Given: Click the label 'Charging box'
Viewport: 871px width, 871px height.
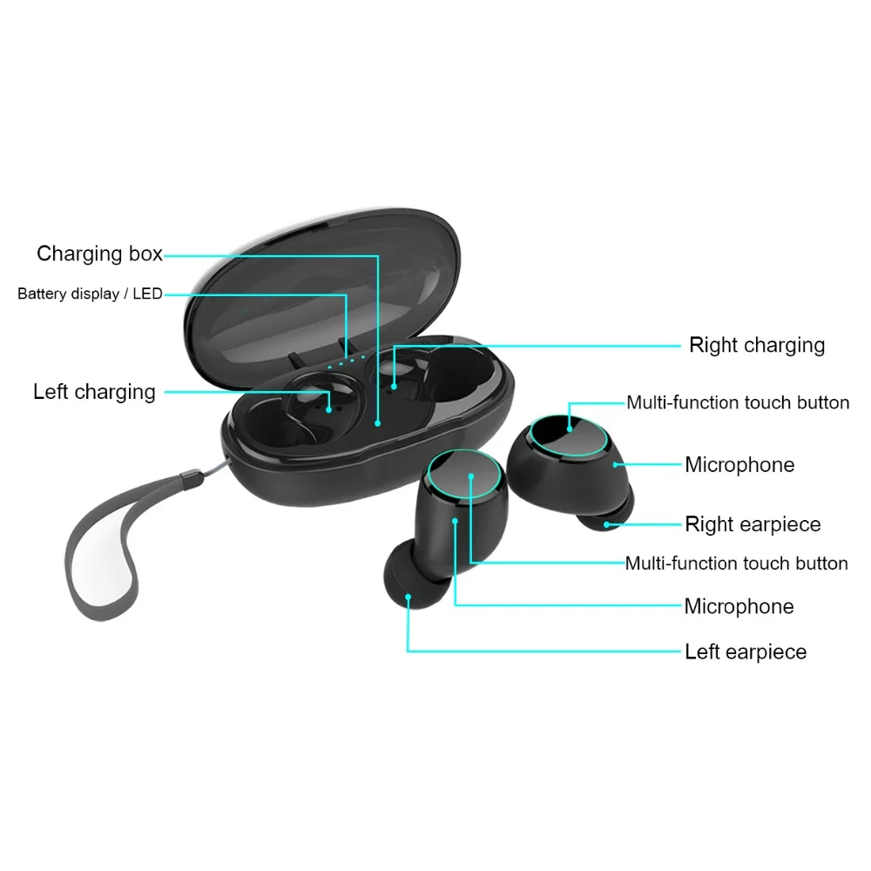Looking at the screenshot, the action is (x=99, y=253).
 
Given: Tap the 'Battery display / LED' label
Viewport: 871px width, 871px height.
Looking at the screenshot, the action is (x=90, y=294).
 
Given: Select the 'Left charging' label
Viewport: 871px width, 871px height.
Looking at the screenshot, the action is (x=94, y=392).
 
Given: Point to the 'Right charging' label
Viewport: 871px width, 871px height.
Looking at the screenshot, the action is (x=757, y=345).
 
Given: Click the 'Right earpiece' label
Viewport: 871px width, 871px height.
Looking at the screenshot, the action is (x=753, y=523).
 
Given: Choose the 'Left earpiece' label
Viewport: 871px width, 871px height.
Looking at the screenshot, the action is (x=746, y=651).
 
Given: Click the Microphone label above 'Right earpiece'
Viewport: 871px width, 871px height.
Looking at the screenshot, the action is (x=739, y=464).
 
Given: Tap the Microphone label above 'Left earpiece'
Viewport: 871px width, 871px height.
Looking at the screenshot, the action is (x=739, y=606).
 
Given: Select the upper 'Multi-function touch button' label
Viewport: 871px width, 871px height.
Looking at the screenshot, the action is (x=738, y=402).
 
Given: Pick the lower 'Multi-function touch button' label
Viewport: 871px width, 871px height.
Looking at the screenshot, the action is (x=737, y=563).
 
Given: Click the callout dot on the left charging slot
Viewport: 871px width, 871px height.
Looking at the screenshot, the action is (x=329, y=410).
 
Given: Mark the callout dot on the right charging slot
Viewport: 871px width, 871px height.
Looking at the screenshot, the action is (x=394, y=387).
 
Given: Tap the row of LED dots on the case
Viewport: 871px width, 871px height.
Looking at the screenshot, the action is (x=346, y=362).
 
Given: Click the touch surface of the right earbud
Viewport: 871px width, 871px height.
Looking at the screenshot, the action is (x=569, y=435).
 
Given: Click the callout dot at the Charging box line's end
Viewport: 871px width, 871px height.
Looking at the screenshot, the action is (x=378, y=423).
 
